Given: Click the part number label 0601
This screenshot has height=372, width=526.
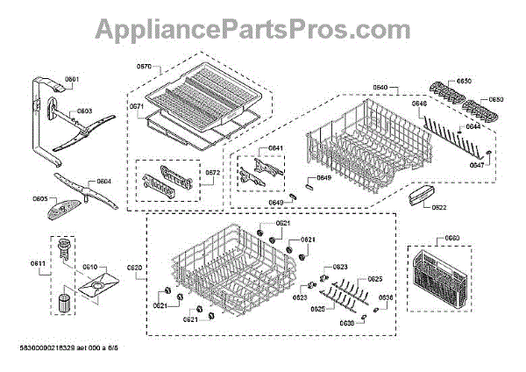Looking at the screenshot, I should [72, 80].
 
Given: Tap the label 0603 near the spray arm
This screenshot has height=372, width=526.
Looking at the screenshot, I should [84, 111].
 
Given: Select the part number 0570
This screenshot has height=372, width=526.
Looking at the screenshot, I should [144, 67].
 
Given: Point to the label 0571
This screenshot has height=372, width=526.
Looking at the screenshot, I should [136, 106].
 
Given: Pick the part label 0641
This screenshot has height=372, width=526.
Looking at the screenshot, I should [275, 148].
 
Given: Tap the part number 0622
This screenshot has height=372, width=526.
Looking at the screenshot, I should [439, 207].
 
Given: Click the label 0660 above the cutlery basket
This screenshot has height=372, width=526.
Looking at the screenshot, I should [451, 238].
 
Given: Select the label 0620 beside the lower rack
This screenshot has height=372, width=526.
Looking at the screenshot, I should [134, 268].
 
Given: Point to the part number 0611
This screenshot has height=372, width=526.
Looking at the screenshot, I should [38, 263].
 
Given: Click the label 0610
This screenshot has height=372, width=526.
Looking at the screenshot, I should [89, 267].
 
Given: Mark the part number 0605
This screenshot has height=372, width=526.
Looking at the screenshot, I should [40, 199].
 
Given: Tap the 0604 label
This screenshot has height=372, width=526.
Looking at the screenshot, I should [103, 182].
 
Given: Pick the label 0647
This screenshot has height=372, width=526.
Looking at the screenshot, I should [476, 165].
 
